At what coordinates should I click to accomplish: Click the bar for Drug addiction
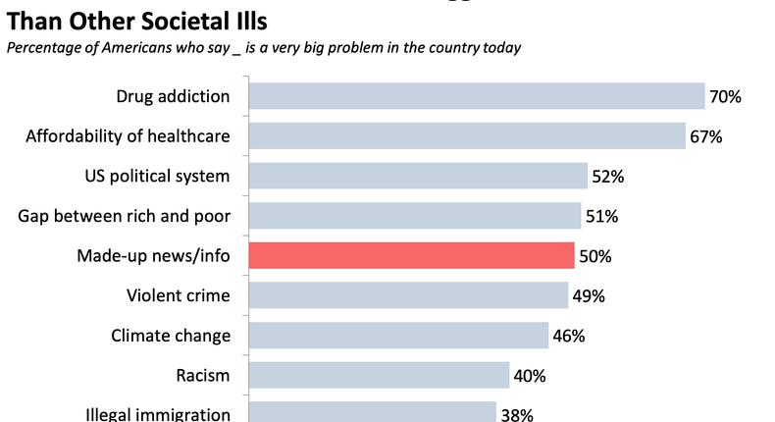coord(477,96)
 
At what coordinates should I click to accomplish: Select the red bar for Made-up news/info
coord(412,255)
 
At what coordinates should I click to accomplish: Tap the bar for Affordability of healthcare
coord(467,135)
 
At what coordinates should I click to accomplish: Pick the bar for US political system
coord(418,176)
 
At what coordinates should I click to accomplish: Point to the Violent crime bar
coord(408,295)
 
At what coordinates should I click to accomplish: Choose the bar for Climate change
coord(398,336)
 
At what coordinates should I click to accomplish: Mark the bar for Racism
coord(379,375)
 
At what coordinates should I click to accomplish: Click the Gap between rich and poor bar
coord(415,216)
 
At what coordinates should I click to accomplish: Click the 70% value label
coord(726,97)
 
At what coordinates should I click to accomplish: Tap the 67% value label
coord(705,136)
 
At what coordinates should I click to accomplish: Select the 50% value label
coord(595,256)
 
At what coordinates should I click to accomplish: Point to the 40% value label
coord(530,376)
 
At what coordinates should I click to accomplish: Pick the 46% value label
coord(568,336)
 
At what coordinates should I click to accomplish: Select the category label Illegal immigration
coord(158,414)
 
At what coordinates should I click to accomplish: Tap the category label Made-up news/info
coord(154,256)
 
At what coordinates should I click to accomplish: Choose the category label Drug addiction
coord(173,96)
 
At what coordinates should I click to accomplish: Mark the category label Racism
coord(204,375)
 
